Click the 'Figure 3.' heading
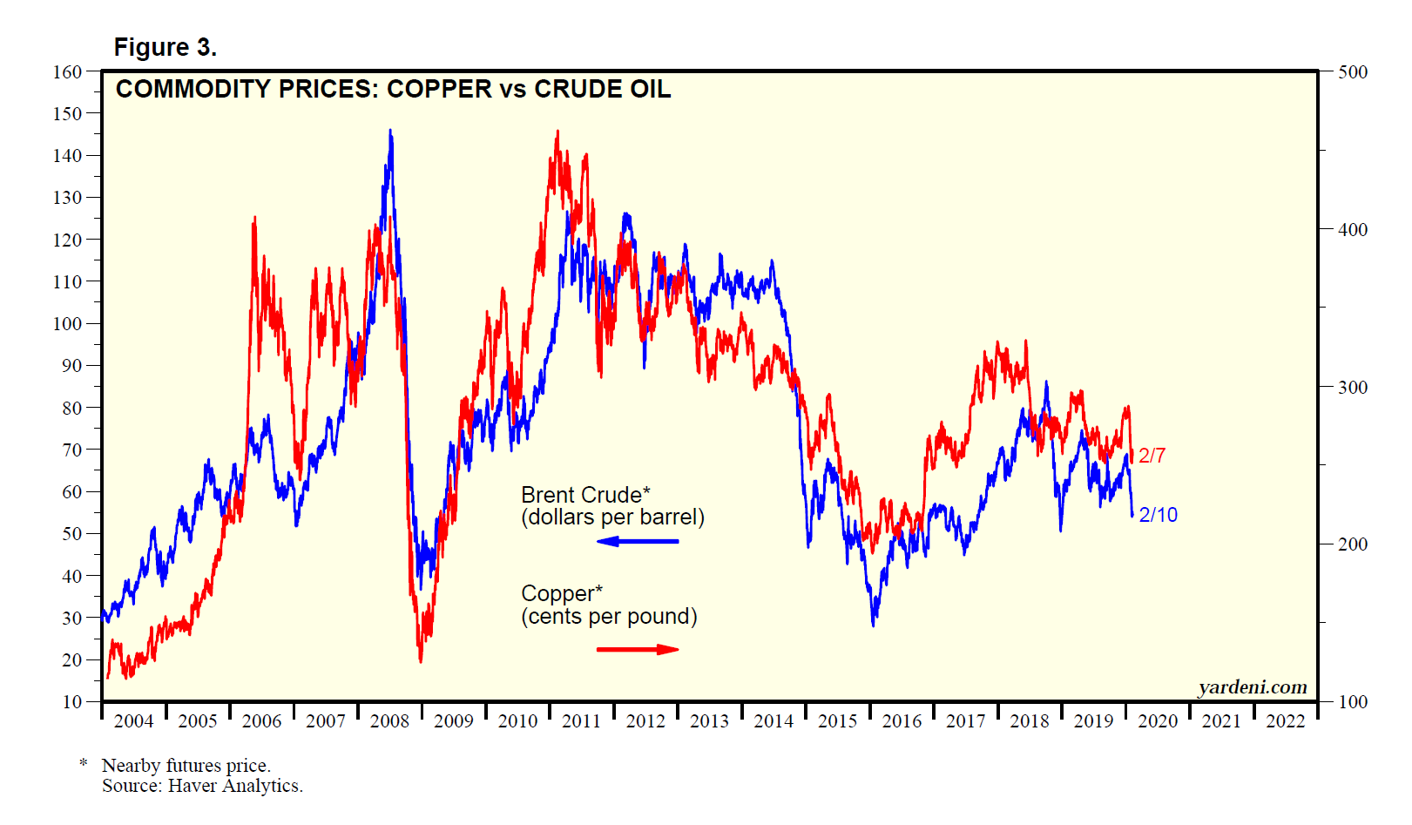[165, 47]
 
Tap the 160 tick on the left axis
[67, 71]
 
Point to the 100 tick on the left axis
[67, 323]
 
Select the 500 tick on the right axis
[1352, 71]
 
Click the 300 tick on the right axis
[1352, 387]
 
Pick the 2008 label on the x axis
[389, 720]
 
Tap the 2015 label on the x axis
[837, 720]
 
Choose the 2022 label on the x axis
[1285, 720]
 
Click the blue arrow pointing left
[637, 541]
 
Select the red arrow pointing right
[637, 649]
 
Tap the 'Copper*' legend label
[562, 593]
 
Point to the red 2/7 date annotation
[1152, 455]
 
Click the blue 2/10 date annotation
[1158, 515]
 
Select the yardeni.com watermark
[1252, 687]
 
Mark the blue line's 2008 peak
[390, 131]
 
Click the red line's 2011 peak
[557, 132]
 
